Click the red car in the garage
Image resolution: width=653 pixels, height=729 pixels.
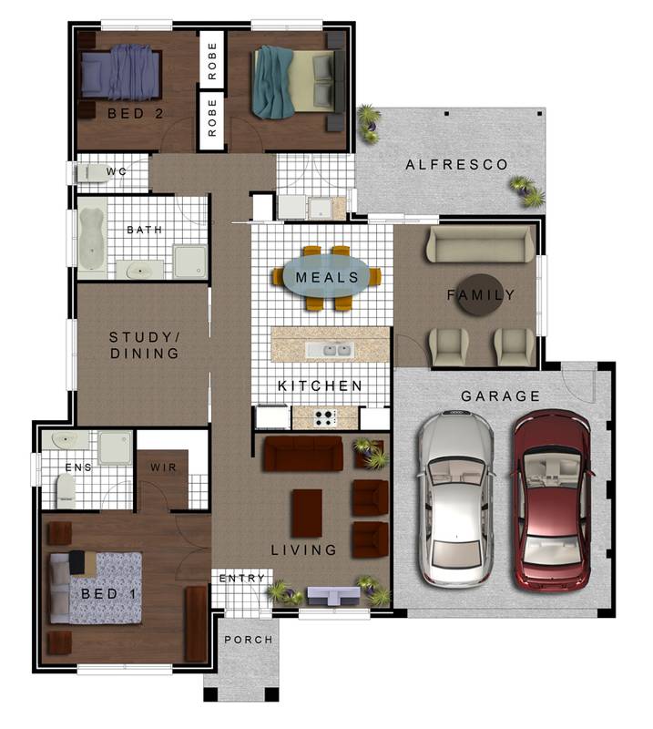pyautogui.click(x=552, y=499)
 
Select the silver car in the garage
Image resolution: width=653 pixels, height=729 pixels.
pyautogui.click(x=455, y=499)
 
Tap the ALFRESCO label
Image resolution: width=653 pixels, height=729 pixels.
pyautogui.click(x=457, y=165)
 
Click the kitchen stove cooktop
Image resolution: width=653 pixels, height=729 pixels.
pyautogui.click(x=322, y=418)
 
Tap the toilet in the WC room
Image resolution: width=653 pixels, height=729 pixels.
pyautogui.click(x=89, y=172)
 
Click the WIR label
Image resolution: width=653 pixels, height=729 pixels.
pyautogui.click(x=164, y=468)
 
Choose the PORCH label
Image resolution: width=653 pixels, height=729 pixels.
pyautogui.click(x=249, y=640)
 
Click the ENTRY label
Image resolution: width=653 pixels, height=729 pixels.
pyautogui.click(x=243, y=579)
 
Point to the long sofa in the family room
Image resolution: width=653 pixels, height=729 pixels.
pyautogui.click(x=481, y=244)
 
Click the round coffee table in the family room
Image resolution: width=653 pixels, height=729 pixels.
pyautogui.click(x=478, y=294)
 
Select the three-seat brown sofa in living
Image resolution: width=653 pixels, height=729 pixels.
pyautogui.click(x=302, y=453)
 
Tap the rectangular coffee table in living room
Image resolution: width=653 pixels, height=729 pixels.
pyautogui.click(x=306, y=513)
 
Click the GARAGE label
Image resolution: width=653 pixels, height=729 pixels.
pyautogui.click(x=500, y=396)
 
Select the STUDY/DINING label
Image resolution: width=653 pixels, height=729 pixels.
pyautogui.click(x=144, y=344)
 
